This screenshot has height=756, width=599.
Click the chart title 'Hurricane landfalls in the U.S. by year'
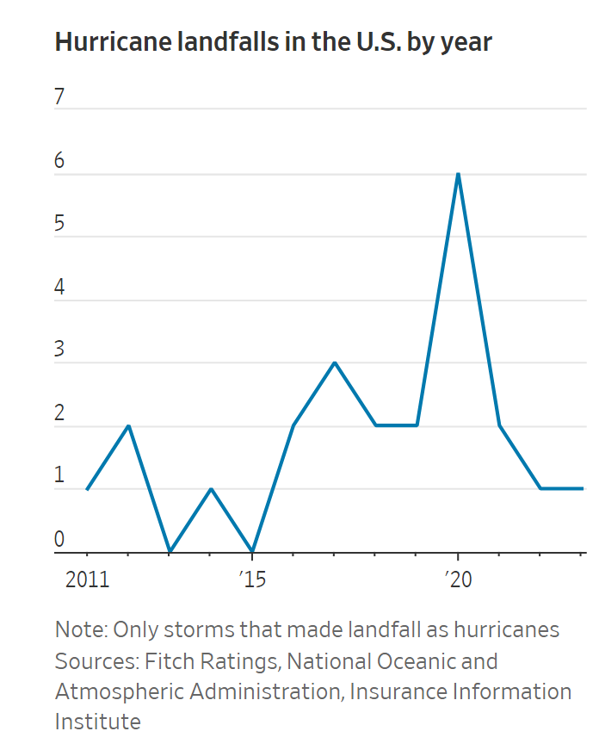coord(273,42)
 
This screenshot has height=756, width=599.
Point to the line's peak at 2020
coord(458,174)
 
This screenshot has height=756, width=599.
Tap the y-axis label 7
coord(60,97)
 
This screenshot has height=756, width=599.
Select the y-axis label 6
coord(60,161)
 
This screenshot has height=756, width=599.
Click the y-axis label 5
coord(60,224)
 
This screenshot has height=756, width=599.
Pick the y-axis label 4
coord(60,287)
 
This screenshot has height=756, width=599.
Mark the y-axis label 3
coord(60,350)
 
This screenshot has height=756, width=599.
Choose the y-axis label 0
coord(60,539)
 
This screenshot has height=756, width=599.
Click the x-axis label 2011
coord(87,579)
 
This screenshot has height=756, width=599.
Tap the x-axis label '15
coord(251,579)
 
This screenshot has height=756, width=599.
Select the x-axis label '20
coord(457,579)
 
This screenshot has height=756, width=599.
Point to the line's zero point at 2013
coord(170,551)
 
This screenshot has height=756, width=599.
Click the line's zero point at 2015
coord(251,551)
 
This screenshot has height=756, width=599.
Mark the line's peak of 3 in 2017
coord(334,363)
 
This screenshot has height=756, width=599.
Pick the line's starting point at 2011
coord(87,489)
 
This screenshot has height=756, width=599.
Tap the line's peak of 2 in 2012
coord(128,426)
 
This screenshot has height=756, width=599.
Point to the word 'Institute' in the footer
coord(97,721)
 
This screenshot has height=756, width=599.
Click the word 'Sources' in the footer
coord(93,661)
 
